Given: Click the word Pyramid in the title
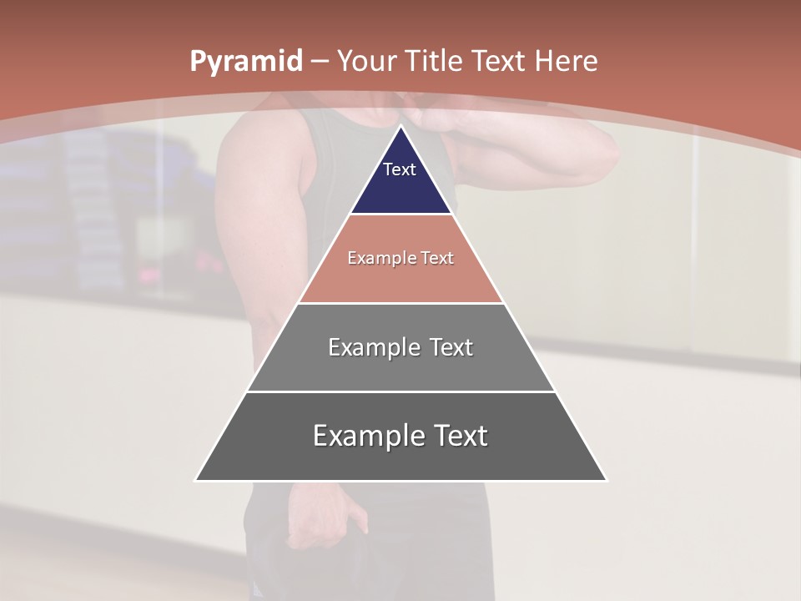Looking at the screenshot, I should point(245,62).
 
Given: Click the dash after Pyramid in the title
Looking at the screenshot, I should point(319,63).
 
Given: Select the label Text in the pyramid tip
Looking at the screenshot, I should point(400,169).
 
